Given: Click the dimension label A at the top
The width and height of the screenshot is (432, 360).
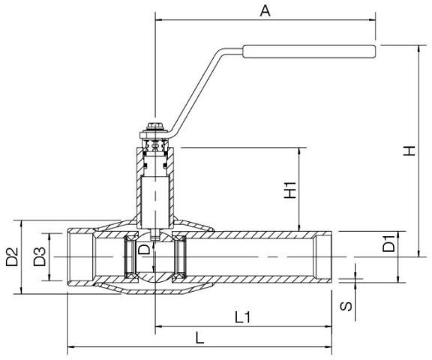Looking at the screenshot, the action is pyautogui.click(x=265, y=11).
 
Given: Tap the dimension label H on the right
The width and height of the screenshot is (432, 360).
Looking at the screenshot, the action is pyautogui.click(x=409, y=151).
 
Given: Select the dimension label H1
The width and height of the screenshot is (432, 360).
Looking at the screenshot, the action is pyautogui.click(x=290, y=190).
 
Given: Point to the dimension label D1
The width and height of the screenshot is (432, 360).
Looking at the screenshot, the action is pyautogui.click(x=388, y=243).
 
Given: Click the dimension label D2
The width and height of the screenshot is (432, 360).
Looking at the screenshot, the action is pyautogui.click(x=12, y=256).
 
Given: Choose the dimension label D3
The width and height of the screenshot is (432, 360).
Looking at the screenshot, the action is pyautogui.click(x=40, y=256).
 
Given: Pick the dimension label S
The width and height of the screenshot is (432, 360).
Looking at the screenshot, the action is pyautogui.click(x=346, y=306).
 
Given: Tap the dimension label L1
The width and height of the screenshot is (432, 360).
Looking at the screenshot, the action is pyautogui.click(x=243, y=317).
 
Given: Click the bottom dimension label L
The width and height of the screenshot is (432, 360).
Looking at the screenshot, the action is pyautogui.click(x=199, y=338).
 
